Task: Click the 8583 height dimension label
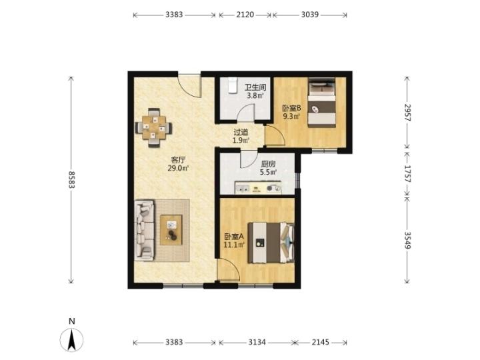click(71, 180)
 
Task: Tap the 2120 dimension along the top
click(245, 15)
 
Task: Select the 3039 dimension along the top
click(309, 15)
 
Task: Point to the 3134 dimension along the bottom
click(257, 342)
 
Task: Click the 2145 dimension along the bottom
click(321, 342)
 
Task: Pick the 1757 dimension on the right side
click(407, 173)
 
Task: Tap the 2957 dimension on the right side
click(407, 113)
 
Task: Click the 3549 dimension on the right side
click(407, 240)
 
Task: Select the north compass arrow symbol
click(71, 339)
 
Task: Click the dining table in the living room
click(154, 127)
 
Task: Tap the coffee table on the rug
click(171, 230)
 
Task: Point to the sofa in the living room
click(144, 230)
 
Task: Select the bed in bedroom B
click(321, 103)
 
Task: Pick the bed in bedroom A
click(271, 243)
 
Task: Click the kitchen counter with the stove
click(258, 187)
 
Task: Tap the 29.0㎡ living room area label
click(178, 168)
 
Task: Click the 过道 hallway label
click(241, 132)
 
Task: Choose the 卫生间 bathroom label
click(255, 87)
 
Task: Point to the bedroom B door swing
click(275, 135)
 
